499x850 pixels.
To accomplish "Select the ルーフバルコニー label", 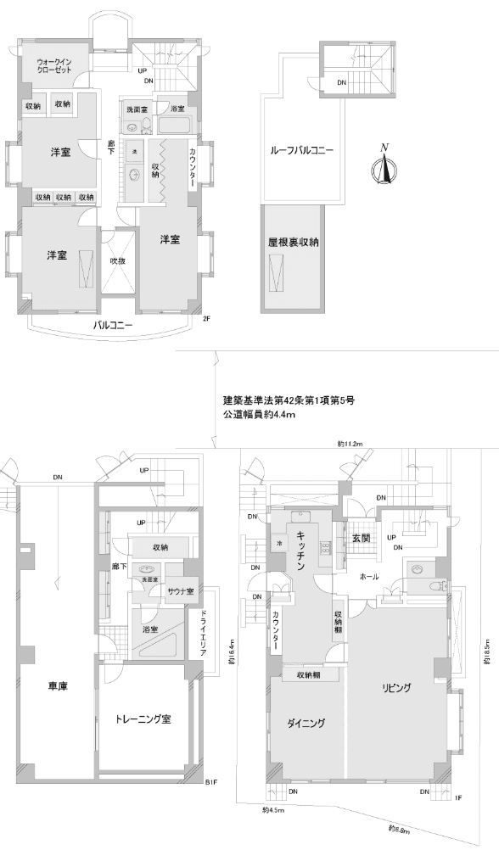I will [x=301, y=150].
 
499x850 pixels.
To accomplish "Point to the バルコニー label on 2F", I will [x=111, y=325].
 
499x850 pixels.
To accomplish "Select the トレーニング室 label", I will [x=143, y=719].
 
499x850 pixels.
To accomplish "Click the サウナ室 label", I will [x=180, y=590].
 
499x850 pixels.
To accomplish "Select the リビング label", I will [x=396, y=689].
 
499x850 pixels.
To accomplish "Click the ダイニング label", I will [x=306, y=723].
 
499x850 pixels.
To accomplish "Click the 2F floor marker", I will [x=205, y=319].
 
